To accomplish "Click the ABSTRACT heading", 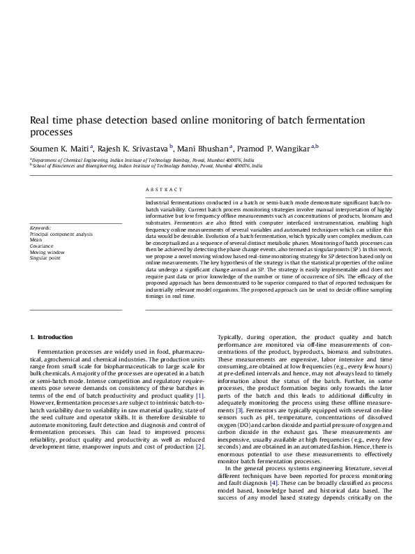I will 164,190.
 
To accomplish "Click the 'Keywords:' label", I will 40,228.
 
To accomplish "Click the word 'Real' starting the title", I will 40,120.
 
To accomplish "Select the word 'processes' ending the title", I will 51,131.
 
